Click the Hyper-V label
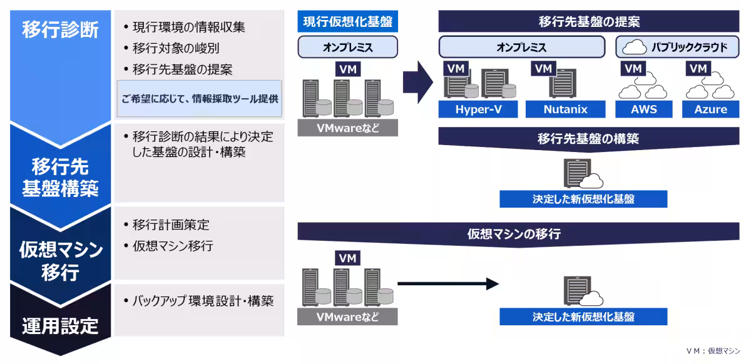point(478,109)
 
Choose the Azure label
point(710,109)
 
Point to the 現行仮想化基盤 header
point(347,22)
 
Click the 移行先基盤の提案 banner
point(588,22)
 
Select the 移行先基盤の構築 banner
point(588,138)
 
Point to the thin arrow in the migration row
point(447,285)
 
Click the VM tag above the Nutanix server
point(544,68)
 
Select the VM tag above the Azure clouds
point(698,68)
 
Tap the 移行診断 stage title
point(60,29)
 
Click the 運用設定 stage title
point(60,326)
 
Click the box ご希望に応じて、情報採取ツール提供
point(200,98)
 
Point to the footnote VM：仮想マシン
point(712,351)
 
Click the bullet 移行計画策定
point(171,225)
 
